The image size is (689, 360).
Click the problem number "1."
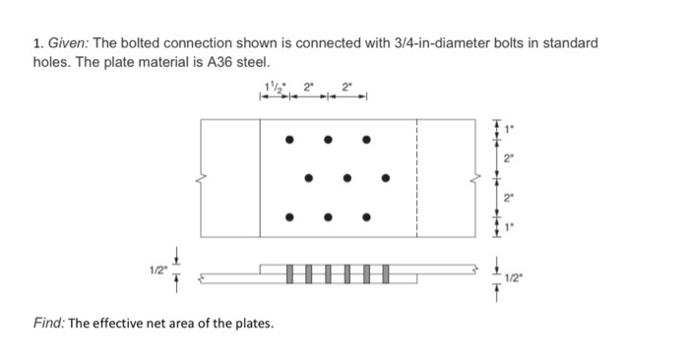pos(36,44)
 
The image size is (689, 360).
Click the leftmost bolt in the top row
pos(288,140)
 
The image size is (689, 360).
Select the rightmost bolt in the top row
pos(366,140)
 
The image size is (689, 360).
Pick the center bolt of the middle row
pos(346,178)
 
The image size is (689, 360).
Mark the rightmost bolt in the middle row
pos(386,178)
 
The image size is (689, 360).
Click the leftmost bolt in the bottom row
pos(288,216)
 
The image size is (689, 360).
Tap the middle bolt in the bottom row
pos(328,216)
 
